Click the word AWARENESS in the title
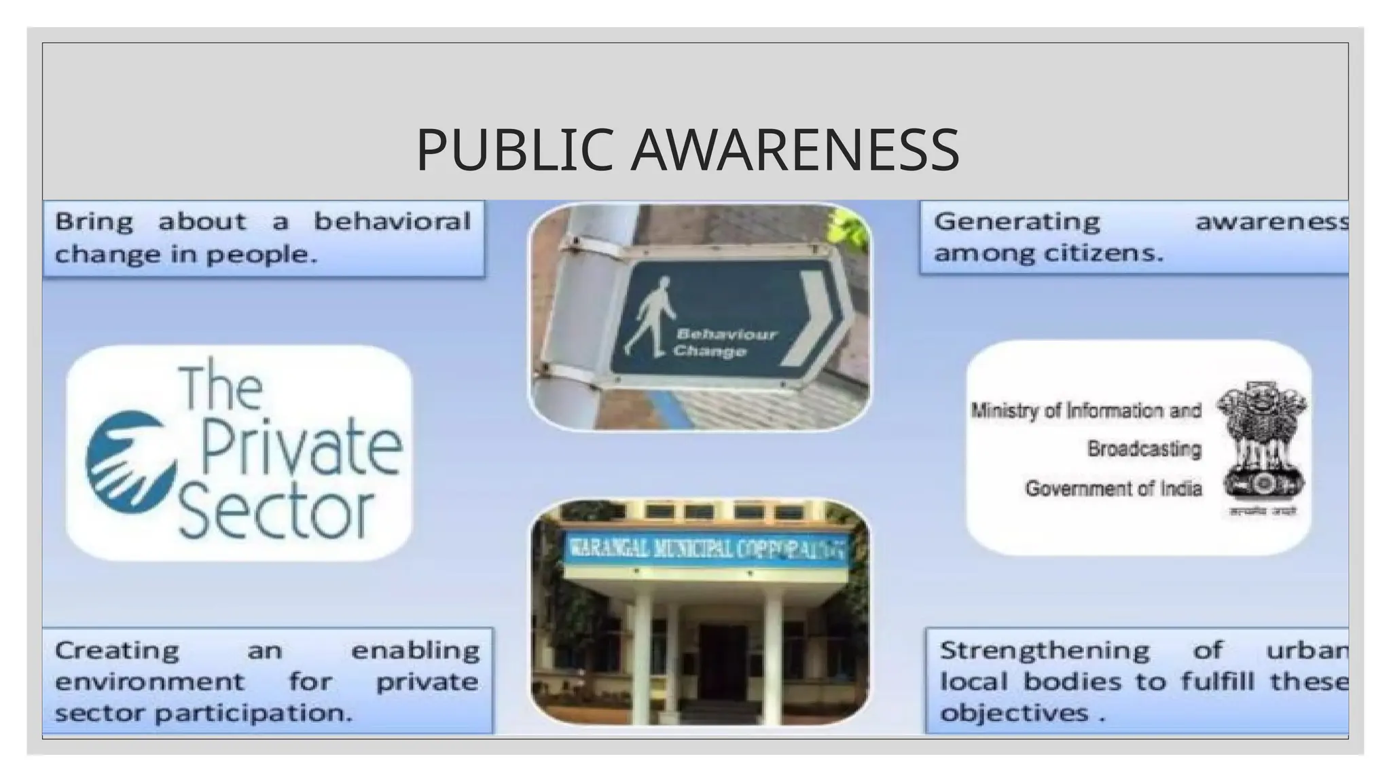795,150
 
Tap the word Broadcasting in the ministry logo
1144,449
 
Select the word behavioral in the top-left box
392,222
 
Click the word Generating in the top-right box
1017,222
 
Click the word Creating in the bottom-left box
117,651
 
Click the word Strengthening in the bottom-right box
1044,651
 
